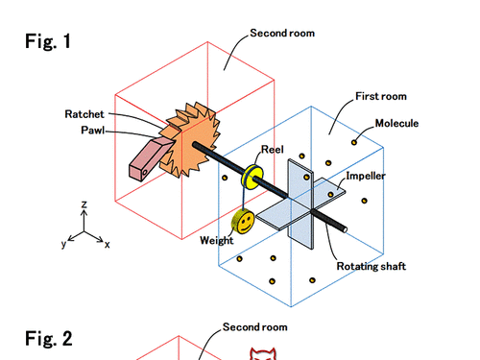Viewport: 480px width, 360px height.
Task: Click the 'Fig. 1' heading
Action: (x=48, y=41)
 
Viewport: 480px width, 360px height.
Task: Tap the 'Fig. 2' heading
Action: (x=49, y=339)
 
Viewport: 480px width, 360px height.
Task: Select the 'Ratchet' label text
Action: (x=84, y=114)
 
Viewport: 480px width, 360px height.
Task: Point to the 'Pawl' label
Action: (x=93, y=131)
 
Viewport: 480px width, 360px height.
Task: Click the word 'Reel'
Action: (x=273, y=150)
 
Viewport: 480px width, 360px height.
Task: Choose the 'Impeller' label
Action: (x=366, y=176)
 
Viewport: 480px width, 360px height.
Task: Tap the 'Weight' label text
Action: (x=217, y=241)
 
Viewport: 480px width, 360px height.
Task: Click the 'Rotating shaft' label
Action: (x=372, y=266)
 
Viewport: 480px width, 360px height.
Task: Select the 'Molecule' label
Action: (x=396, y=123)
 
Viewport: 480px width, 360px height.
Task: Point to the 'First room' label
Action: (x=381, y=96)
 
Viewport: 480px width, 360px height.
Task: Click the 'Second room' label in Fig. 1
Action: (x=282, y=33)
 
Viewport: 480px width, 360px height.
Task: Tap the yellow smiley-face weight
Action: (x=244, y=221)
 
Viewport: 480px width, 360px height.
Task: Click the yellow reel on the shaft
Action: (x=252, y=177)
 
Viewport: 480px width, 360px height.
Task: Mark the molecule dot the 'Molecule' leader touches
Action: (x=354, y=142)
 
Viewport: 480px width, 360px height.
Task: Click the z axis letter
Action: (x=84, y=204)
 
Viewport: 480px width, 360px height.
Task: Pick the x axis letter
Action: (x=108, y=245)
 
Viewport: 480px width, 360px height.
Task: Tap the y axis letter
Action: (x=64, y=244)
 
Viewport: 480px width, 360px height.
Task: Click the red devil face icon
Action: (x=263, y=353)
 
